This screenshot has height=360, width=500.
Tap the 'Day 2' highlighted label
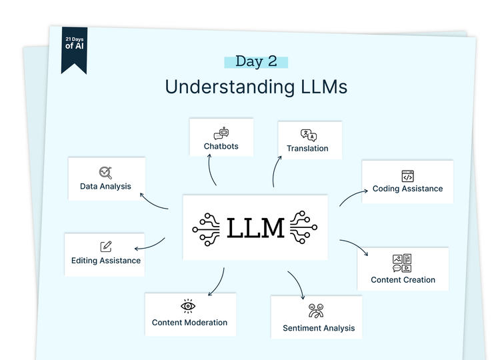[x=256, y=61]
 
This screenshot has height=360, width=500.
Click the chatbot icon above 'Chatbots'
[x=221, y=133]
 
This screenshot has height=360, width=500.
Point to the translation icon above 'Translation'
[x=308, y=135]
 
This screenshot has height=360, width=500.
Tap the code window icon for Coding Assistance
[x=407, y=176]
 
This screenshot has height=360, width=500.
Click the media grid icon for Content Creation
[x=402, y=263]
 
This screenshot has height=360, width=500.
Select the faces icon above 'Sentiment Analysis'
[x=316, y=311]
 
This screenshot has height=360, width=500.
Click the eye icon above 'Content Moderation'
[x=189, y=306]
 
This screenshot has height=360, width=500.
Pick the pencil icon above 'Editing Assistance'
[x=106, y=247]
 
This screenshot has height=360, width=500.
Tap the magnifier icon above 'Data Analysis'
[x=105, y=173]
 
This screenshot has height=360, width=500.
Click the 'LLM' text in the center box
[x=255, y=228]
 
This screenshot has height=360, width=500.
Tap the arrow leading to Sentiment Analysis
[x=297, y=284]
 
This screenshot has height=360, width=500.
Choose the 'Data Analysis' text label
[x=105, y=187]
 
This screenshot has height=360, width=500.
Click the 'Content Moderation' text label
[x=189, y=323]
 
